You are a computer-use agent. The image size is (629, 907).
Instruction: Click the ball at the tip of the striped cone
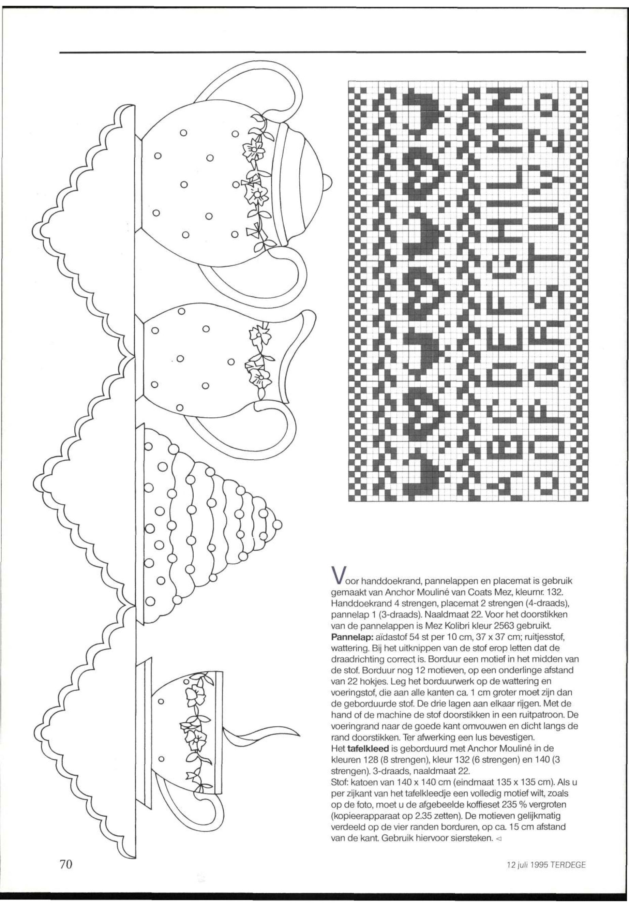278,525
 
